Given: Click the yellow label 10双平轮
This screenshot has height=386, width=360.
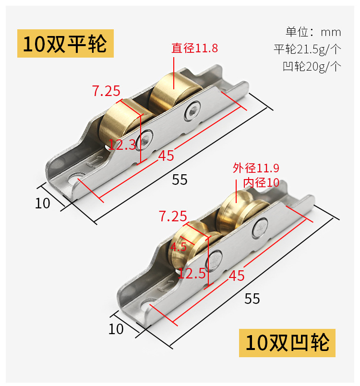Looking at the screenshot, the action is [65, 44].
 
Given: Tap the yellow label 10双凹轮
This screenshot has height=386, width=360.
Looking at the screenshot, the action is [287, 343].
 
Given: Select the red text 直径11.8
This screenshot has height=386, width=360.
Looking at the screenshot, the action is [195, 48].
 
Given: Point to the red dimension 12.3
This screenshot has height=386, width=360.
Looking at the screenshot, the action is [122, 145].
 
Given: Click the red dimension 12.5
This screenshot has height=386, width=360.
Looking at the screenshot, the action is [192, 274].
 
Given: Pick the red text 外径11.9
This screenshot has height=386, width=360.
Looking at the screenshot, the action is [256, 168].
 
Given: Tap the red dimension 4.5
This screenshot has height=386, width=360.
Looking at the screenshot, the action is [179, 248].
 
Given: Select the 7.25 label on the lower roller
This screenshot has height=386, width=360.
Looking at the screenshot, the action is [173, 217].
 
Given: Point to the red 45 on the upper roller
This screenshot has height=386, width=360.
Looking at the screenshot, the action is [166, 156].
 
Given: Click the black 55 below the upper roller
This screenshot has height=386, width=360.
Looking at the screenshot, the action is [180, 180].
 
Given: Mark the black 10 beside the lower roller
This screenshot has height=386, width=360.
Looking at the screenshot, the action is [116, 329].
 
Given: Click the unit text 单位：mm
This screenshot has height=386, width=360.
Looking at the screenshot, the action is [313, 32].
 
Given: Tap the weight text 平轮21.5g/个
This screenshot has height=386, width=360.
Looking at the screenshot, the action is [307, 49].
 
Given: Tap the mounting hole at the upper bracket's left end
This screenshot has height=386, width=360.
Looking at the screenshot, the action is [75, 181].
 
